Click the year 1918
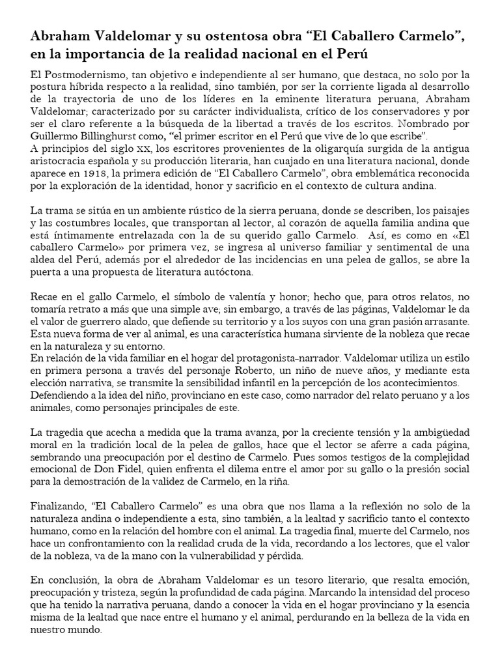point(126,175)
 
